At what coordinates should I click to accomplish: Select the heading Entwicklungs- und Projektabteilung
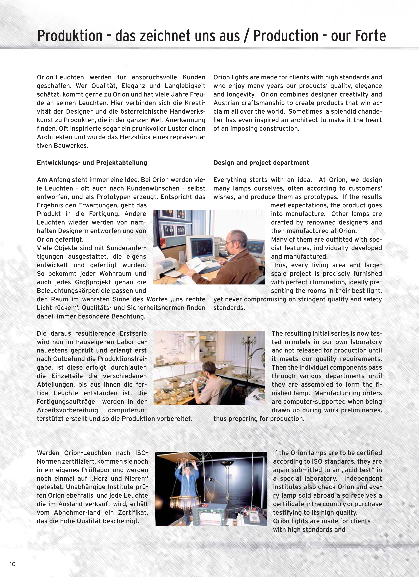pyautogui.click(x=92, y=163)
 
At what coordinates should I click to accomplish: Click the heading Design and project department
pyautogui.click(x=261, y=163)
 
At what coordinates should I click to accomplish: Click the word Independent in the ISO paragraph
pyautogui.click(x=363, y=478)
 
